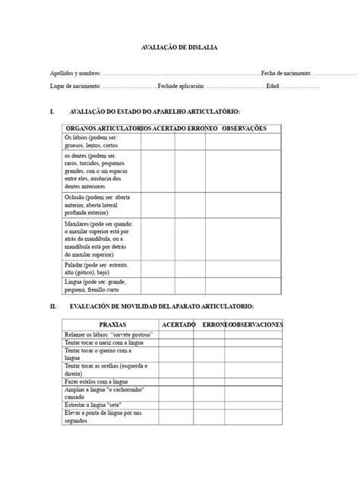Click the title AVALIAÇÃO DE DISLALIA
pyautogui.click(x=180, y=47)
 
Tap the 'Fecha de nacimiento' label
pyautogui.click(x=286, y=74)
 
